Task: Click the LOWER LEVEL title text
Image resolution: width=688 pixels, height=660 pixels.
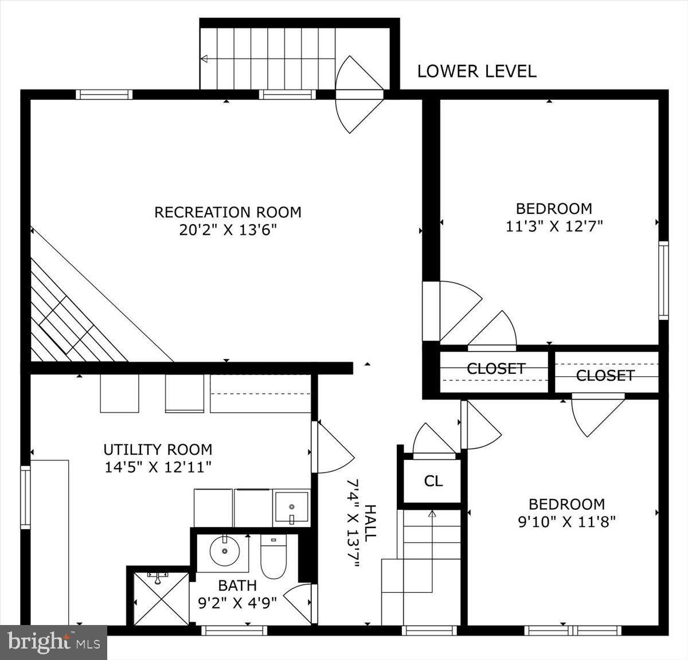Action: (476, 72)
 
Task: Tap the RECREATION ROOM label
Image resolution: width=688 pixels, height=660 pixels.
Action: (228, 212)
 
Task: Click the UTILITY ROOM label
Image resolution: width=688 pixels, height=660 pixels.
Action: (158, 449)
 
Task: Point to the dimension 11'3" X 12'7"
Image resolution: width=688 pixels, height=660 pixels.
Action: (554, 226)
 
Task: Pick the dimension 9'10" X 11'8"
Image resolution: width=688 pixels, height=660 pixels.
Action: (566, 522)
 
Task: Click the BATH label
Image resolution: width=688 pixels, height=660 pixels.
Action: (237, 585)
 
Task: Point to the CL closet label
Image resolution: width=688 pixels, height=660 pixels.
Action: (433, 481)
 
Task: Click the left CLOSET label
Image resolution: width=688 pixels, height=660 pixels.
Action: (496, 369)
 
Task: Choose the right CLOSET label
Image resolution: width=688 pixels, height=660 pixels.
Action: (605, 376)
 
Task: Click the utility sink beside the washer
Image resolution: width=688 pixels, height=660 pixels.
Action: (291, 507)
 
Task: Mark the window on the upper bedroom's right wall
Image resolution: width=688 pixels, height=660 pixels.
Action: (663, 280)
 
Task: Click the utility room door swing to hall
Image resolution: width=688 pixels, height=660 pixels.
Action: (333, 447)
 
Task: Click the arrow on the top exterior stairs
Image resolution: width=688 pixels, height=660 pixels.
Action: (204, 58)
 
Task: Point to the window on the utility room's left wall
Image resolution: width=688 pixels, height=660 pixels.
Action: (25, 497)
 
